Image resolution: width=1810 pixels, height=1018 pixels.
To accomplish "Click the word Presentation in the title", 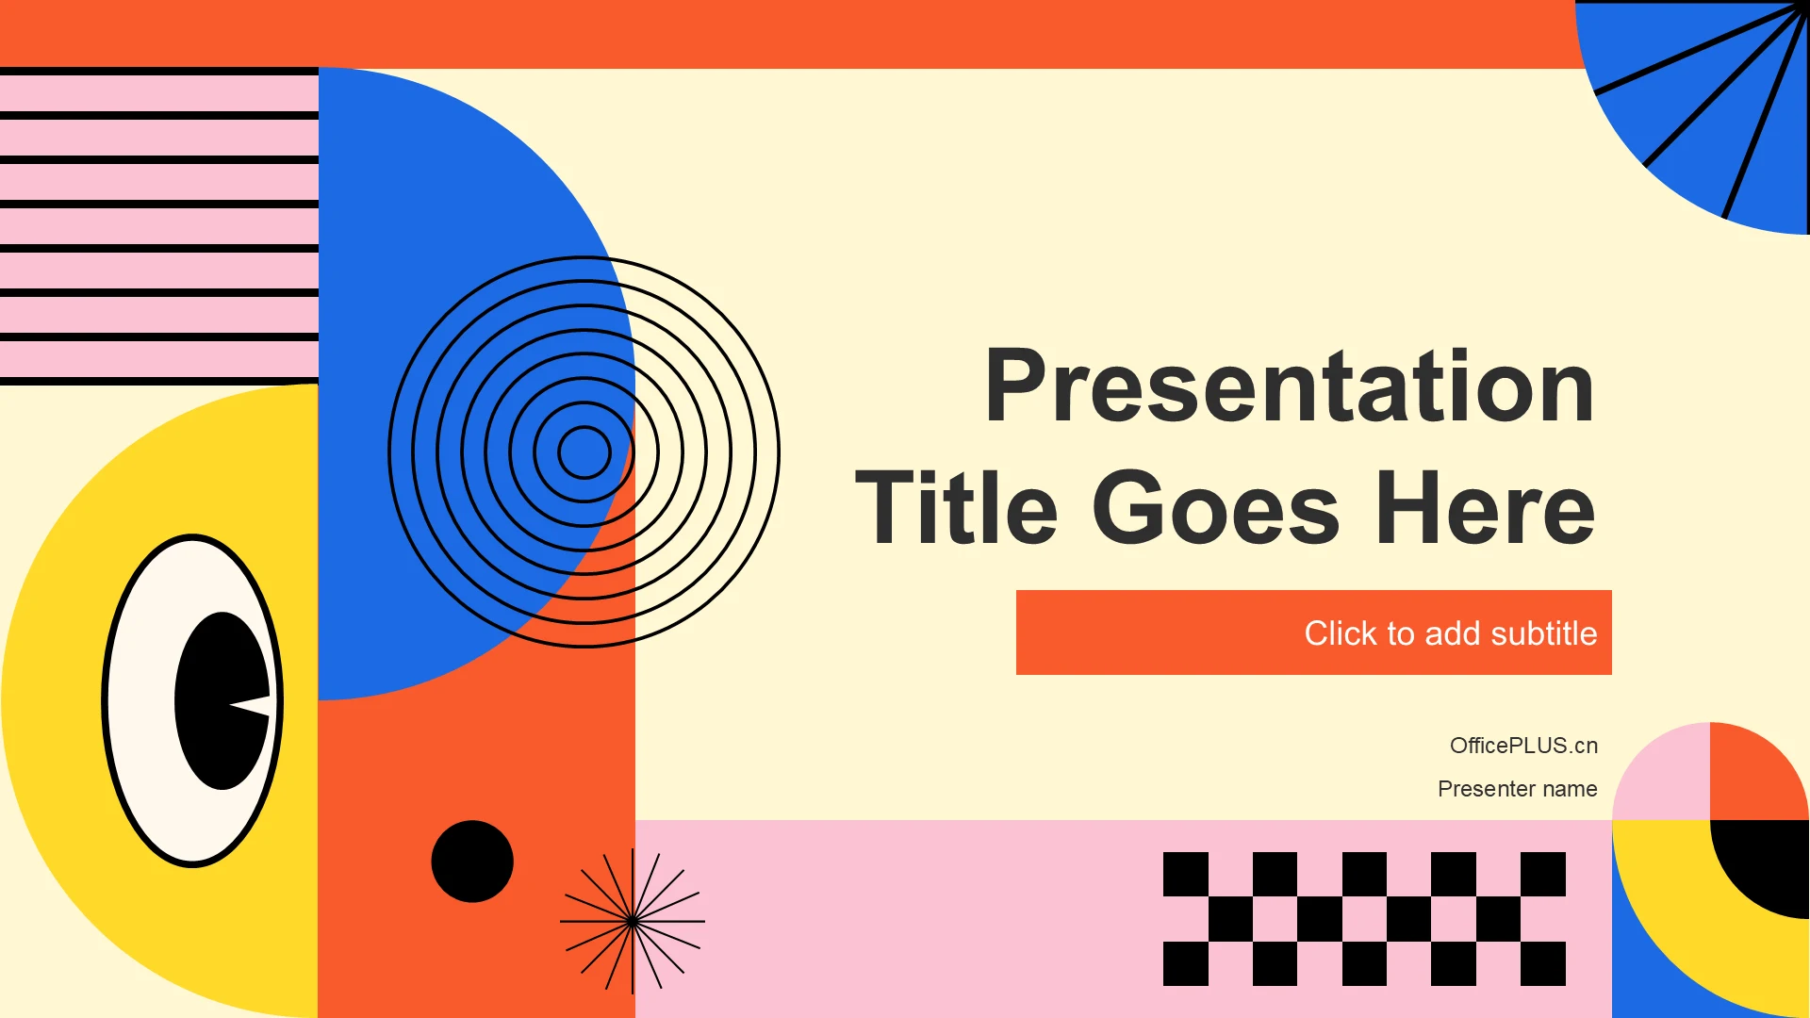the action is click(x=1290, y=386).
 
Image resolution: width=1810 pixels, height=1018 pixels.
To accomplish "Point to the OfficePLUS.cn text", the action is click(x=1523, y=746).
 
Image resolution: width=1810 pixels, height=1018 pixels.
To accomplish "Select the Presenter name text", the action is click(x=1517, y=789).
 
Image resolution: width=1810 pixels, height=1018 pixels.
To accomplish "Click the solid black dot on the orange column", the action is click(x=472, y=862).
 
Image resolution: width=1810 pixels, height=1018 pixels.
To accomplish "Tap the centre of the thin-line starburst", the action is click(x=633, y=921).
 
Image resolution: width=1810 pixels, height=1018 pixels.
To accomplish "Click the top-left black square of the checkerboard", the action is click(x=1186, y=874).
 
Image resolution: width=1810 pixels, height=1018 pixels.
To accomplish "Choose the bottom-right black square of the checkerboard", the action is click(x=1543, y=963).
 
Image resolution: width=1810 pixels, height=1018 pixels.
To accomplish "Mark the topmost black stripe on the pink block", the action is click(x=159, y=72).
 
